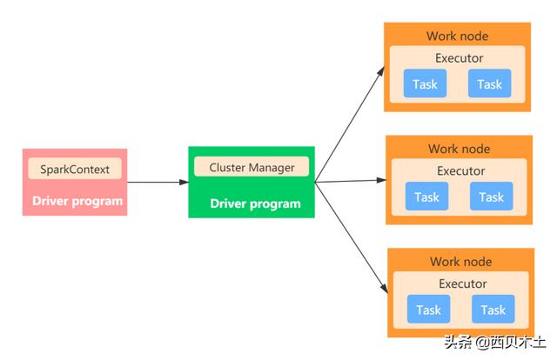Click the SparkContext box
point(75,169)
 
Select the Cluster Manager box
point(252,166)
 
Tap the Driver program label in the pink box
point(77,201)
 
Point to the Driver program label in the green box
point(255,203)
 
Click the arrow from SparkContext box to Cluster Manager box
point(158,182)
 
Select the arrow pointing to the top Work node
point(350,124)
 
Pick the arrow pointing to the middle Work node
point(351,181)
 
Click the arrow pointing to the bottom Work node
point(352,238)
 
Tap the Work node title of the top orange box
point(457,36)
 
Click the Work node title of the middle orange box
point(459,149)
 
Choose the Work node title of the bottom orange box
point(460,262)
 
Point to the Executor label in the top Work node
point(459,58)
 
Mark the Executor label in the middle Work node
point(460,170)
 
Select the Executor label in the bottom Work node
point(462,283)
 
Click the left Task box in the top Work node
point(425,83)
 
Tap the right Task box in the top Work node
point(489,83)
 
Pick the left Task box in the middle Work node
point(426,197)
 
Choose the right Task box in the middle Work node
point(491,197)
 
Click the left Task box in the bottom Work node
point(428,310)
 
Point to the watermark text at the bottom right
point(495,343)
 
